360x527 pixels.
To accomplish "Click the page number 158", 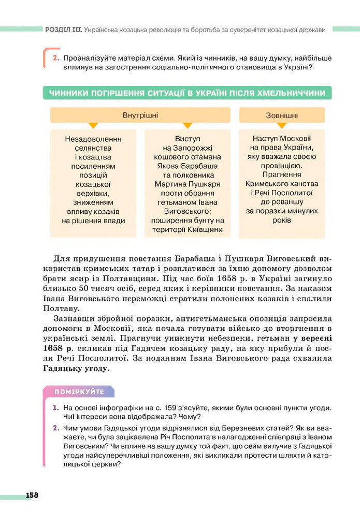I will pyautogui.click(x=32, y=495).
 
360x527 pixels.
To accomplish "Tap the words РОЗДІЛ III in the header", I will pyautogui.click(x=62, y=30).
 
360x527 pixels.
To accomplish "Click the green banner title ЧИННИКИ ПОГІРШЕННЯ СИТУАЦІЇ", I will pyautogui.click(x=186, y=93).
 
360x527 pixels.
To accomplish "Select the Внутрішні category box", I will pyautogui.click(x=140, y=115).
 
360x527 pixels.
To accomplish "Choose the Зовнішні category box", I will pyautogui.click(x=282, y=115).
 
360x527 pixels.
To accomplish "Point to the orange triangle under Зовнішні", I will pyautogui.click(x=282, y=126).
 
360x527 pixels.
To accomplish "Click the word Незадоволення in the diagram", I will pyautogui.click(x=93, y=139).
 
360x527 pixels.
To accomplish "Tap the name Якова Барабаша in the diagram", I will pyautogui.click(x=187, y=166).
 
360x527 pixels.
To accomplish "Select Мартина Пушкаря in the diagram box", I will pyautogui.click(x=187, y=184).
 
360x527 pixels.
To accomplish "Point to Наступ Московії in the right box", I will pyautogui.click(x=282, y=139).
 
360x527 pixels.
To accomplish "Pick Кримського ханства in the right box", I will pyautogui.click(x=282, y=184).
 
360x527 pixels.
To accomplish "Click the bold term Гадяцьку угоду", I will pyautogui.click(x=76, y=369).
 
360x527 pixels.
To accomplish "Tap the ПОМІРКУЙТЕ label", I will pyautogui.click(x=79, y=391).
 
